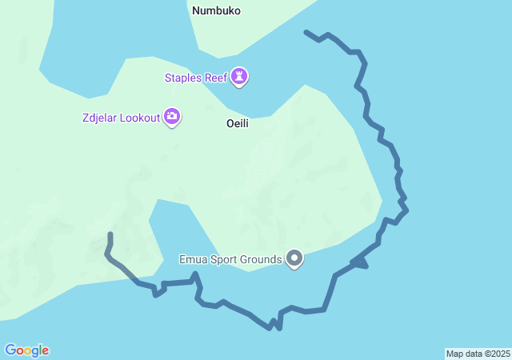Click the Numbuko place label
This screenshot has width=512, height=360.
coord(216,11)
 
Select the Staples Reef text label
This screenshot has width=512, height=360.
coord(194,78)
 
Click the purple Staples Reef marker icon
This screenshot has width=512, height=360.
coord(239,77)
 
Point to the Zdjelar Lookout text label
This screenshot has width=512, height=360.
coord(120,118)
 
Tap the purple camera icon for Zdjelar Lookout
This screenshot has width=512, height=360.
coord(172,118)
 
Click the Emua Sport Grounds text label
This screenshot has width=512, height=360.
coord(230,258)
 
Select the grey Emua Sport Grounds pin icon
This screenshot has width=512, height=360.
coord(295,258)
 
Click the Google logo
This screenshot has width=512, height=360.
coord(26,350)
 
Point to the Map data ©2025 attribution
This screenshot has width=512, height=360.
coord(478,354)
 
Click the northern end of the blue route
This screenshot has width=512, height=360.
coord(306,32)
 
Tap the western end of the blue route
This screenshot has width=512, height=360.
coord(110,234)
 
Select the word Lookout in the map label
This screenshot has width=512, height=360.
coord(139,118)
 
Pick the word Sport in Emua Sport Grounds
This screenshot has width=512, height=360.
coord(223,258)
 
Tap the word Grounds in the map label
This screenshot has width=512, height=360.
coord(262,258)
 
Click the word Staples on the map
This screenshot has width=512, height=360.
coord(182,78)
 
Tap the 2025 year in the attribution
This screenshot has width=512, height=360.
coord(500,354)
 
